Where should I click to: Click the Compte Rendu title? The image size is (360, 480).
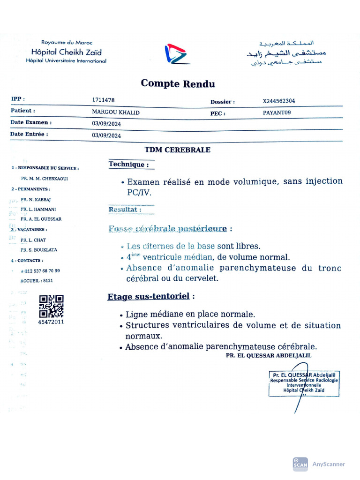178,84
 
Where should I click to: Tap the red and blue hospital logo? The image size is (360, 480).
177,54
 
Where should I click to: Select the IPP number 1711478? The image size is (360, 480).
103,100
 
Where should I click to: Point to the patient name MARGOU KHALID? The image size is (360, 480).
115,112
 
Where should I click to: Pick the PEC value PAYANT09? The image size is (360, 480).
277,112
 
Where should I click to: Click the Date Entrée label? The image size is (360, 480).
29,134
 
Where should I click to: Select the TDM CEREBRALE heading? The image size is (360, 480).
177,150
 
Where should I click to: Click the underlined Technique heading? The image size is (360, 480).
129,165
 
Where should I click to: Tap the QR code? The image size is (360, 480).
51,306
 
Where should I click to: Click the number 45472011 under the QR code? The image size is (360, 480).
51,322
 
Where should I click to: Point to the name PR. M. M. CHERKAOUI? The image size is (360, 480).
44,179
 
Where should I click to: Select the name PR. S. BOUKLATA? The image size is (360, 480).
39,250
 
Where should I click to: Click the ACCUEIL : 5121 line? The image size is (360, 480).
37,281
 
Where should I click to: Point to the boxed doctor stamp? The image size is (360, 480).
304,383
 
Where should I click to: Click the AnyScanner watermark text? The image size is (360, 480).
328,464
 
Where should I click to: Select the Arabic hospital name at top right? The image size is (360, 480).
286,52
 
